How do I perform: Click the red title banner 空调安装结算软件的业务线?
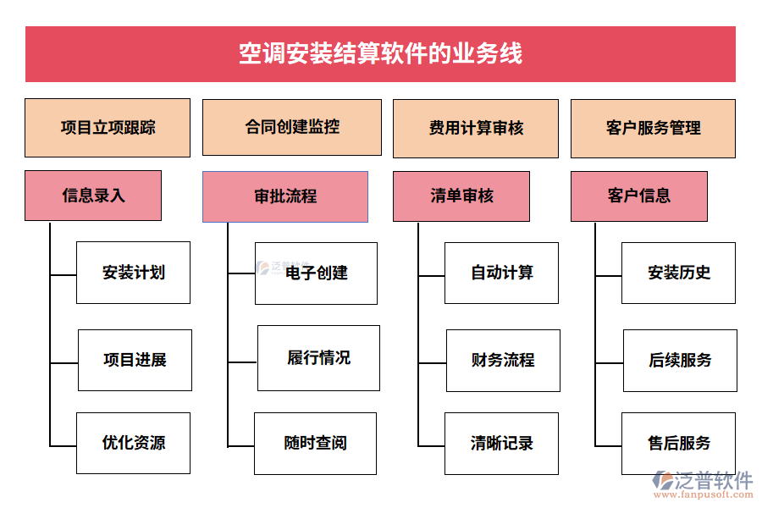coord(380,54)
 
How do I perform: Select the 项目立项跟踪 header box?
coord(108,128)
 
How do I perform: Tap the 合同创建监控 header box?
coord(291,128)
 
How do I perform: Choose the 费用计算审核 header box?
coord(475,129)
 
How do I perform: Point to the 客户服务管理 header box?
coord(653,129)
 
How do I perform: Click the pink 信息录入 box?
coord(93,196)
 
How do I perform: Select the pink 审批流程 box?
coord(285,196)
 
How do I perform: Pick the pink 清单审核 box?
coord(461,196)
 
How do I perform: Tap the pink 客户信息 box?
coord(638,196)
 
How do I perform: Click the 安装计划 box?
coord(134,273)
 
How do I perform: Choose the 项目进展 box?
coord(135,360)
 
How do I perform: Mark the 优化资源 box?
coord(134,443)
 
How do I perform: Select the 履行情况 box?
coord(318,358)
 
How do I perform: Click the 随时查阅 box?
coord(315,443)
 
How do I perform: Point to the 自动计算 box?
coord(501,273)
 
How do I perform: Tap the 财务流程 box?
coord(503,360)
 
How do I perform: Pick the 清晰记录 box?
coord(501,443)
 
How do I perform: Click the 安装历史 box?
coord(678,273)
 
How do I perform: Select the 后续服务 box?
coord(680,360)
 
